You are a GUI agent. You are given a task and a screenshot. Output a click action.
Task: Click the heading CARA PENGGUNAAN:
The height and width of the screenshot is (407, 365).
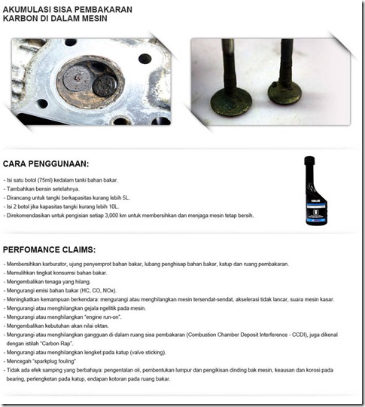click(46, 163)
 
